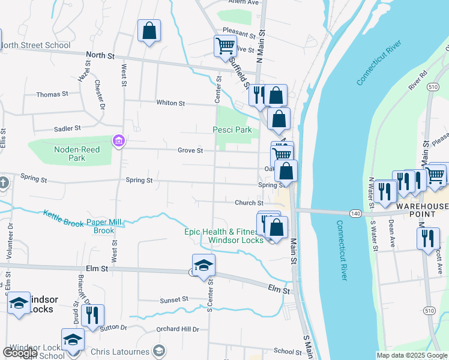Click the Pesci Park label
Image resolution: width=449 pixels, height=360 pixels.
pos(232,130)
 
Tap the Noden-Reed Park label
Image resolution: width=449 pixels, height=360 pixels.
pos(77,154)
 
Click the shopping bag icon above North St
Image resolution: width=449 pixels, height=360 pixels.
pos(149,31)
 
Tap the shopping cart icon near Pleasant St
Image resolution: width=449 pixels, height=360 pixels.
pos(225,45)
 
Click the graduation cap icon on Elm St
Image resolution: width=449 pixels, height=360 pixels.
pos(203,265)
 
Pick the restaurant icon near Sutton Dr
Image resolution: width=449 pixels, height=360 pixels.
pos(92,316)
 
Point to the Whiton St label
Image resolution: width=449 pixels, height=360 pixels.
pos(170,103)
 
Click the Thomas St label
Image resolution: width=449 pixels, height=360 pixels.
pos(52,94)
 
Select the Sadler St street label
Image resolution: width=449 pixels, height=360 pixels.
pos(67,128)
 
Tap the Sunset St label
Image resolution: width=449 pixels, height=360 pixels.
pos(174,299)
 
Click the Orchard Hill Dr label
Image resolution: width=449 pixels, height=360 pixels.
pos(177,329)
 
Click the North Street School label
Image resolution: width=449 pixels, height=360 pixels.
pos(35,45)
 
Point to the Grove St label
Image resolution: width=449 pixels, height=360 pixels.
pos(190,150)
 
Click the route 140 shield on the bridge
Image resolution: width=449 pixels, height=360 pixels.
pos(355,212)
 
